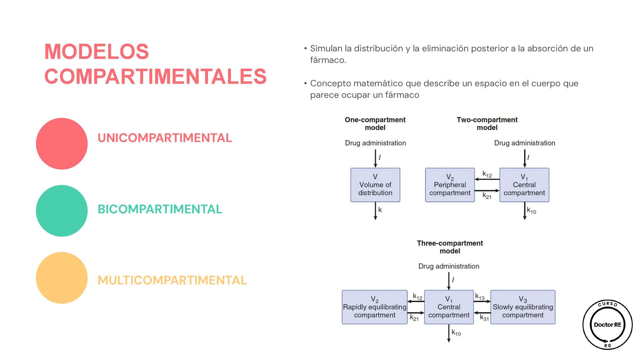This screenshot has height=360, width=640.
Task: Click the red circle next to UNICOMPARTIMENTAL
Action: click(62, 144)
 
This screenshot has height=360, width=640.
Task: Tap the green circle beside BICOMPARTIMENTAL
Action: click(62, 211)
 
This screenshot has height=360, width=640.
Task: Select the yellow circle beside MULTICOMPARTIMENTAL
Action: click(62, 278)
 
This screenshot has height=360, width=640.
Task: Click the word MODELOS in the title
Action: click(97, 52)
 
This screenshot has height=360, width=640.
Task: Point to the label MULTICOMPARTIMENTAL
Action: click(172, 280)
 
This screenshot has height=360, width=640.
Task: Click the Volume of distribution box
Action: click(375, 185)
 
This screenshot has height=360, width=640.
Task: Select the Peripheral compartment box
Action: click(450, 185)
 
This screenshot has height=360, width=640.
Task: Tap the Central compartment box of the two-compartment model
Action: click(524, 185)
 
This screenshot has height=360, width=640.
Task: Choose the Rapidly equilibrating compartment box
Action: click(374, 307)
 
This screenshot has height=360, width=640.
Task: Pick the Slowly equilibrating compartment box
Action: click(523, 307)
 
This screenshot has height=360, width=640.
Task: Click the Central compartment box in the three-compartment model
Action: click(449, 307)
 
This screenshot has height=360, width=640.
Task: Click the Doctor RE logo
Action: click(607, 325)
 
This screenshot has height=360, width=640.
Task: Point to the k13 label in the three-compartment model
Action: click(480, 296)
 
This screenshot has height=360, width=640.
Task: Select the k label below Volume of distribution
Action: click(380, 210)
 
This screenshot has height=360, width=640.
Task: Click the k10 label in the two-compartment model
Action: click(531, 210)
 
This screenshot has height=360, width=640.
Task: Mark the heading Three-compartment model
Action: click(450, 247)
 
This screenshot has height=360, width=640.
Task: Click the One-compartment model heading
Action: click(375, 124)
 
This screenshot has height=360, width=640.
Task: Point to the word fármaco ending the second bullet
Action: click(402, 95)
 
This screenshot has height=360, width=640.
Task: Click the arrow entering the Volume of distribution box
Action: click(375, 158)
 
